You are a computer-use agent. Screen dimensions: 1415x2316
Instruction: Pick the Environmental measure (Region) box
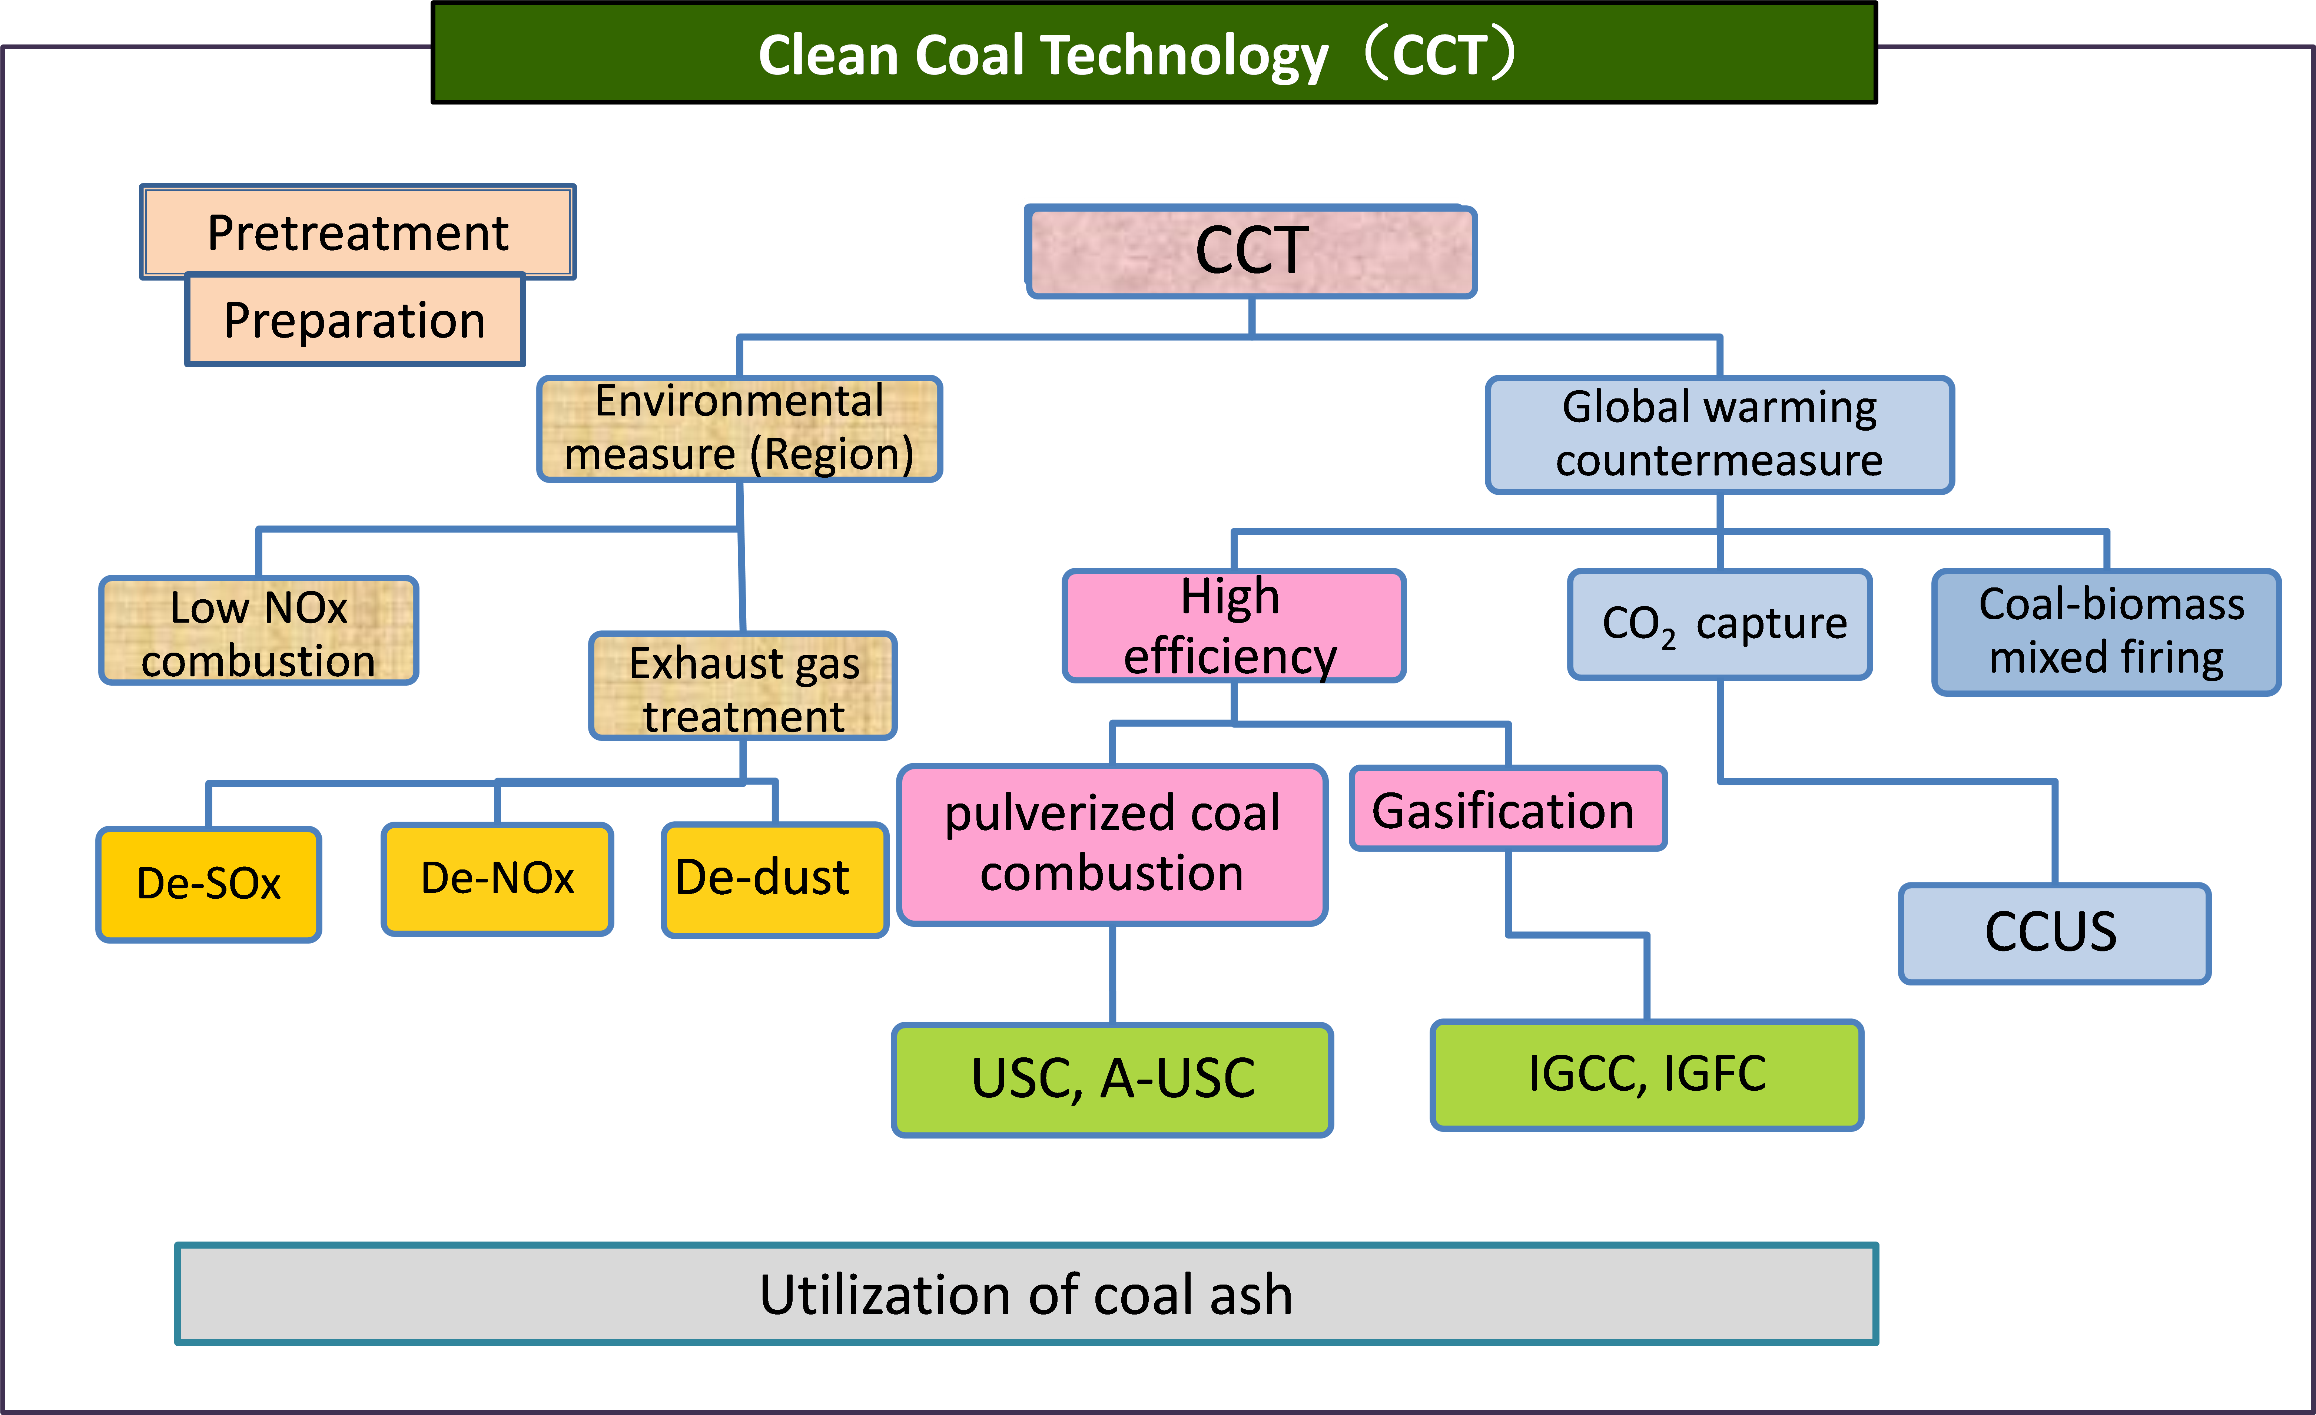coord(740,429)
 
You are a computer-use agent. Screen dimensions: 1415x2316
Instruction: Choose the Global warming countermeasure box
coord(1719,434)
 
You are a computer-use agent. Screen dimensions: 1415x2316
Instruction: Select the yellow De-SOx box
coord(209,884)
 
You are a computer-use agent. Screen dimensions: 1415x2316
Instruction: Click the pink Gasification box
coord(1508,809)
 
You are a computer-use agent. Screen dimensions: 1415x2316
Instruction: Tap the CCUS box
coord(2054,933)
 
